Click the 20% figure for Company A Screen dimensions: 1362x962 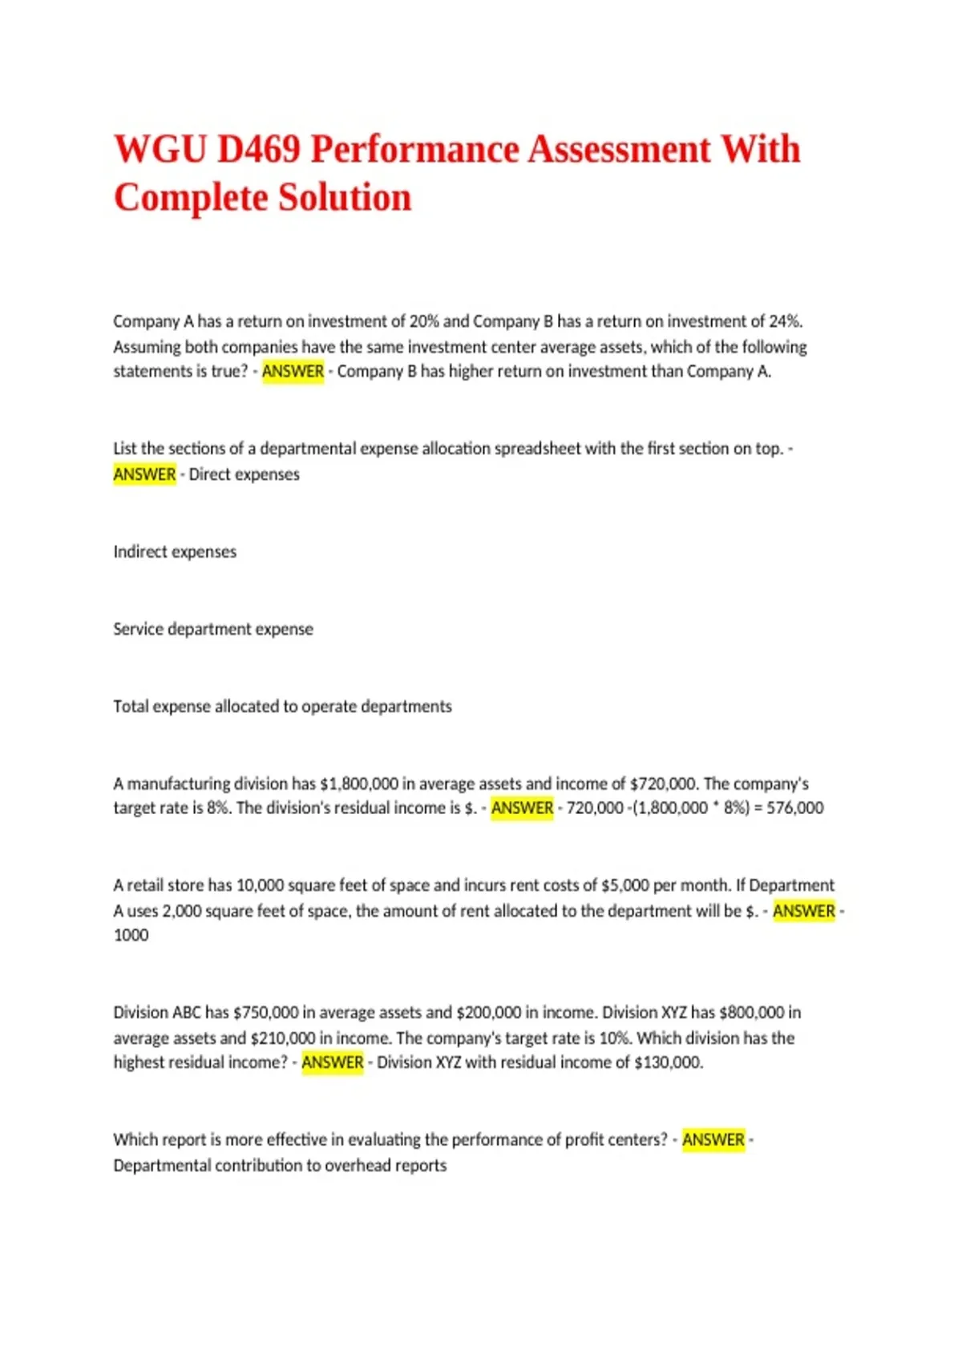(424, 321)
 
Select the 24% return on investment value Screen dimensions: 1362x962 (785, 321)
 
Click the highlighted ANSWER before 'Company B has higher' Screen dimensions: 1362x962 (293, 372)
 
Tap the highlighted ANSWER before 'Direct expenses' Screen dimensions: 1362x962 (144, 474)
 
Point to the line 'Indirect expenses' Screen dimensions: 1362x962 (175, 552)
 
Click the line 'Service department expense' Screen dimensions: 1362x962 (213, 629)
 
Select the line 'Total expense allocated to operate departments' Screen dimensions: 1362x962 (282, 707)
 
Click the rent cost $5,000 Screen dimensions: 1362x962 (624, 885)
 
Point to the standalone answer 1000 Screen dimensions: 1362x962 (131, 935)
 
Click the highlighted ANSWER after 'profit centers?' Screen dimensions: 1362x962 (713, 1139)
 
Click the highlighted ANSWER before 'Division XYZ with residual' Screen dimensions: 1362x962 (332, 1062)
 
